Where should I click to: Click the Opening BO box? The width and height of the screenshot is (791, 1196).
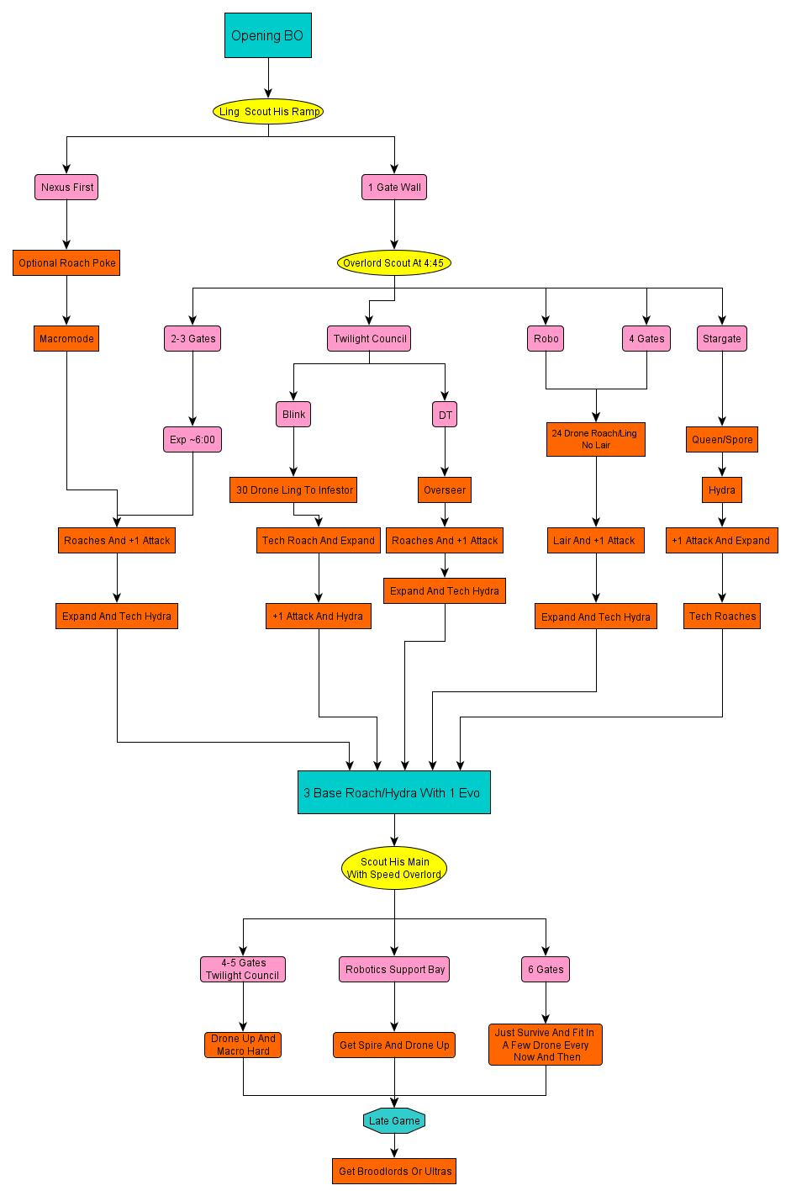(x=267, y=35)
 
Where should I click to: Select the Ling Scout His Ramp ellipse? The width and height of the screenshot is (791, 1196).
(x=268, y=111)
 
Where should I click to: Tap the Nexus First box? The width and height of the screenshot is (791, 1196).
(x=66, y=187)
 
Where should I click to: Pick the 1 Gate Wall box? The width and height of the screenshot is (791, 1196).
(x=394, y=187)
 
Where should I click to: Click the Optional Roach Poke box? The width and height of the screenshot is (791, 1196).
(x=67, y=262)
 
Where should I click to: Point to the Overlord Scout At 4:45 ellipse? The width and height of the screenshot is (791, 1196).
(x=393, y=262)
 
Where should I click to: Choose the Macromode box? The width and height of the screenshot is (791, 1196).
(x=66, y=338)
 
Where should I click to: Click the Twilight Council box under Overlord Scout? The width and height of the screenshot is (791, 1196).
(x=369, y=338)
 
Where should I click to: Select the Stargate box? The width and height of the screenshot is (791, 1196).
(x=722, y=338)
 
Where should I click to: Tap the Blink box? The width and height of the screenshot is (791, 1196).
(x=293, y=414)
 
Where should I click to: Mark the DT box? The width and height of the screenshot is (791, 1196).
(x=445, y=415)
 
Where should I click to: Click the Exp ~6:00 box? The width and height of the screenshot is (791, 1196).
(x=192, y=439)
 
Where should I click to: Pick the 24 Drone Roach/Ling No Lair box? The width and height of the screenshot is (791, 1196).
(x=595, y=439)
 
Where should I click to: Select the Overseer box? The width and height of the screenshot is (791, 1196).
(x=445, y=490)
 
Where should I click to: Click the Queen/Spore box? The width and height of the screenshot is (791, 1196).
(x=722, y=439)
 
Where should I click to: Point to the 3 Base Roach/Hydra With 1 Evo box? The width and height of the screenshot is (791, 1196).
(x=393, y=792)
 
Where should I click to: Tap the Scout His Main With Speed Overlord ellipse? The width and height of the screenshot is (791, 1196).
(x=394, y=868)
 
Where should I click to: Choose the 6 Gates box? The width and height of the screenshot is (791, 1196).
(x=546, y=969)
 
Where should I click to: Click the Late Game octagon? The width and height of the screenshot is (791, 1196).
(x=394, y=1120)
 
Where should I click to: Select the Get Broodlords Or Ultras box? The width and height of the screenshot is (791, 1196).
(x=394, y=1171)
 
